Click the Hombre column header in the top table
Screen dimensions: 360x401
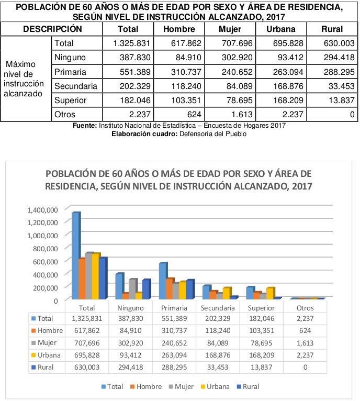tap(179, 29)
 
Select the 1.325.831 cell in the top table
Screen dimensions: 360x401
tap(131, 43)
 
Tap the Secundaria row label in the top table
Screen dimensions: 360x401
tap(76, 86)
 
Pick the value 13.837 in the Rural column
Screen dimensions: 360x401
tap(342, 101)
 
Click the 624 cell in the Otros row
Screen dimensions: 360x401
tap(194, 114)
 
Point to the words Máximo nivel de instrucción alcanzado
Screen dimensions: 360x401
tap(23, 79)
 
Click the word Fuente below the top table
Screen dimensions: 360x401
tap(85, 126)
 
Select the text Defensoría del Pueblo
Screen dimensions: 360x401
tap(213, 133)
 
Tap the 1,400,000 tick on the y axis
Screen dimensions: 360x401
tap(42, 210)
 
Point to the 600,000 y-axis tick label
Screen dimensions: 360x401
tap(45, 262)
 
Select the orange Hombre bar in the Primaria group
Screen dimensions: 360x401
tap(170, 288)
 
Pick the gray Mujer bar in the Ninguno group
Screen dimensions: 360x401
tap(133, 289)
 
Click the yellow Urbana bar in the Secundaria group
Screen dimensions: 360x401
tap(227, 293)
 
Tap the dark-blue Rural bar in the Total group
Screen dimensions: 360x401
tap(103, 279)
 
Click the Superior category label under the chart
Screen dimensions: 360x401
tap(261, 308)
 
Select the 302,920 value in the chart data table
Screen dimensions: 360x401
tap(131, 343)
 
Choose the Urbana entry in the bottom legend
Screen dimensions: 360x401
tap(215, 386)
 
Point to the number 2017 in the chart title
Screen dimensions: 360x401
tap(302, 186)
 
